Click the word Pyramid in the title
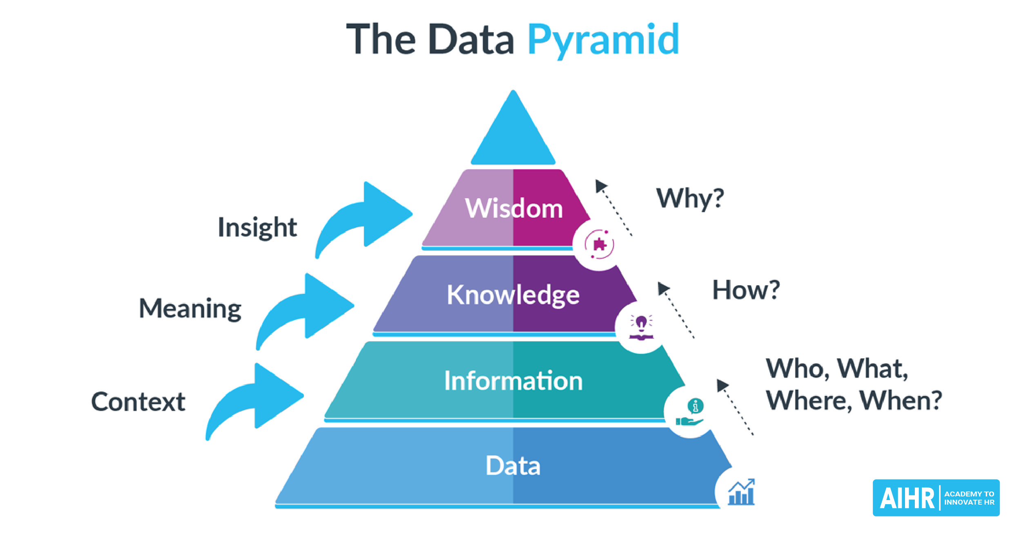pyautogui.click(x=603, y=40)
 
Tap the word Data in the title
pyautogui.click(x=471, y=40)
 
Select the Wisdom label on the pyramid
pyautogui.click(x=514, y=208)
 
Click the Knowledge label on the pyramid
pyautogui.click(x=513, y=295)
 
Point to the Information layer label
pyautogui.click(x=513, y=381)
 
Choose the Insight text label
pyautogui.click(x=257, y=227)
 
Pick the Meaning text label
pyautogui.click(x=190, y=308)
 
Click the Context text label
pyautogui.click(x=138, y=402)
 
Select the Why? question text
pyautogui.click(x=690, y=199)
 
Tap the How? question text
pyautogui.click(x=746, y=290)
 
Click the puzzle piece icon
pyautogui.click(x=599, y=244)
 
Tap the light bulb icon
pyautogui.click(x=641, y=327)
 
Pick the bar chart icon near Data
pyautogui.click(x=741, y=492)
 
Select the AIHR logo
pyautogui.click(x=936, y=498)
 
